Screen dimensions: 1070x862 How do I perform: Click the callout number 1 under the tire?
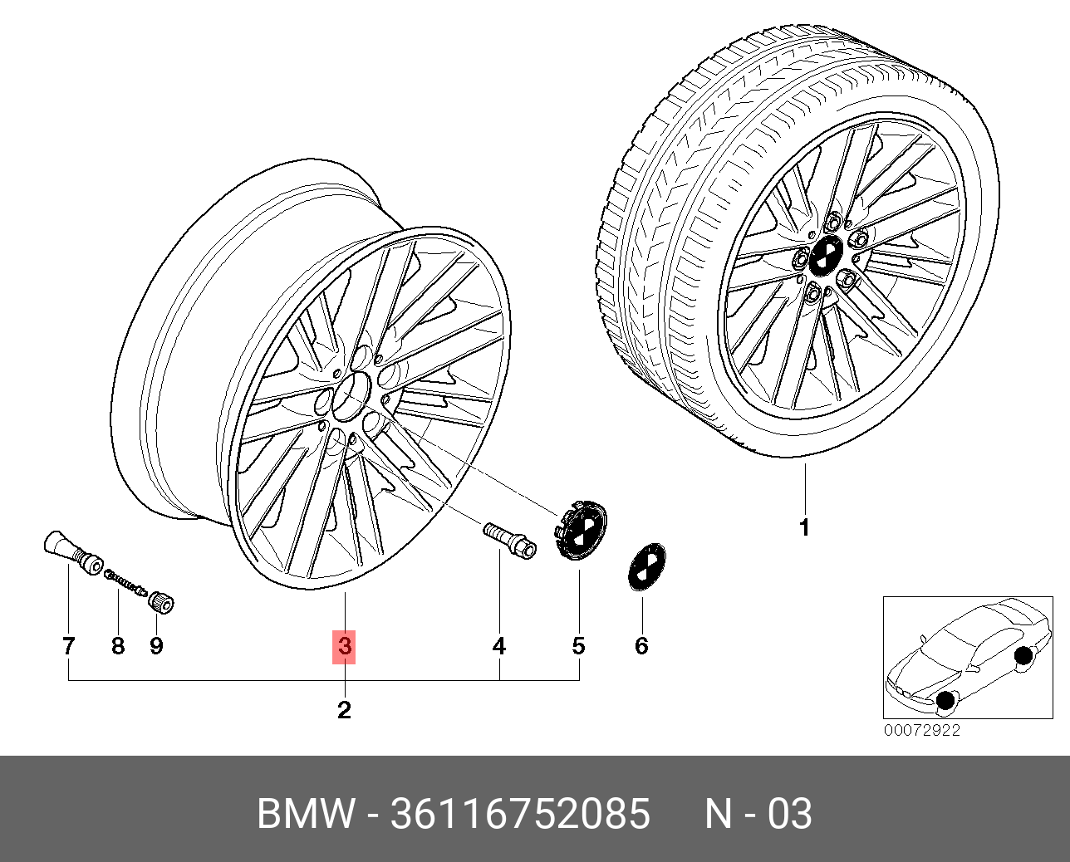(x=804, y=527)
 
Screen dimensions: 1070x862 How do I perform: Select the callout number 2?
(x=344, y=710)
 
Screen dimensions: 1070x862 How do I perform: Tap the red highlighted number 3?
(x=344, y=646)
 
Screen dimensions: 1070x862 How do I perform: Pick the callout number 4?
(x=499, y=646)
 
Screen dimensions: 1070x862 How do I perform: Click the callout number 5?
(x=579, y=646)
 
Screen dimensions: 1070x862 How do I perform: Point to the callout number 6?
(x=642, y=646)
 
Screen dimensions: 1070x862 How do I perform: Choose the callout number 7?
(x=69, y=646)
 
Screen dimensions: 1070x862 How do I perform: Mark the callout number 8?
(x=118, y=646)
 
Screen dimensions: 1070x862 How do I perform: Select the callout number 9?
(x=157, y=646)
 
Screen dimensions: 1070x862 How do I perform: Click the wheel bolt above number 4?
(x=509, y=541)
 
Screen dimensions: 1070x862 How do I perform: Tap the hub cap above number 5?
(x=581, y=530)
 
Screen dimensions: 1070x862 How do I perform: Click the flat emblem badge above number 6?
(x=646, y=566)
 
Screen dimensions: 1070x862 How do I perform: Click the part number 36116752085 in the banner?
(x=520, y=814)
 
